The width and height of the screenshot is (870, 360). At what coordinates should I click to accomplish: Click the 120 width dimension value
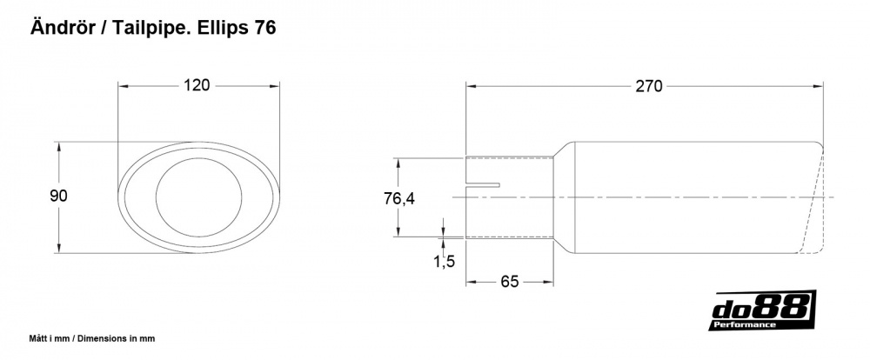[197, 85]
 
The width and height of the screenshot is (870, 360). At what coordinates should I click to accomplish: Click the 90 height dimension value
[58, 197]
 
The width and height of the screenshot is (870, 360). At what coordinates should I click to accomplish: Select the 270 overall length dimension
[649, 86]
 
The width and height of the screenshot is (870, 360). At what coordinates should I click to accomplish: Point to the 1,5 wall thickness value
[444, 261]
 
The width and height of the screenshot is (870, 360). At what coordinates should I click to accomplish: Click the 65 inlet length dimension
[510, 282]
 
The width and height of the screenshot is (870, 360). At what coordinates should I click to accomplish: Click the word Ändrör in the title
[63, 28]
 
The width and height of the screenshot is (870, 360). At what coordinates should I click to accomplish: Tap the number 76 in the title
[265, 28]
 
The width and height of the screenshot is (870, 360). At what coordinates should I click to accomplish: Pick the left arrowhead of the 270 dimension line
[471, 86]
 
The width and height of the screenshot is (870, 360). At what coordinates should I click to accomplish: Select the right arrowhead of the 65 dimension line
[551, 282]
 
